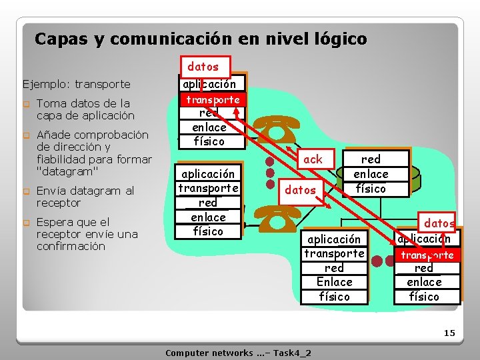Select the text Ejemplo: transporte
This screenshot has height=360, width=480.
point(77,85)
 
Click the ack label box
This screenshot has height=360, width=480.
point(312,159)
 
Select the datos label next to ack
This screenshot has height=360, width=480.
point(300,190)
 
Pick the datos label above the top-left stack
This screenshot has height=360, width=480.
point(203,67)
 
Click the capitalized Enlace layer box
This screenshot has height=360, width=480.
point(334,282)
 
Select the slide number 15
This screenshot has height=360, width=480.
point(449,333)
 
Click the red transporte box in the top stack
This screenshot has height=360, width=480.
point(213,100)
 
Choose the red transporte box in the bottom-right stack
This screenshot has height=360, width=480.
point(427,255)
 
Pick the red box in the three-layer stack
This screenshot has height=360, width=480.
point(371,159)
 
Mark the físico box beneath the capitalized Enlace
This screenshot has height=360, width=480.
point(334,297)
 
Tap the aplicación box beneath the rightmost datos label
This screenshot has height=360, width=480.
point(424,239)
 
